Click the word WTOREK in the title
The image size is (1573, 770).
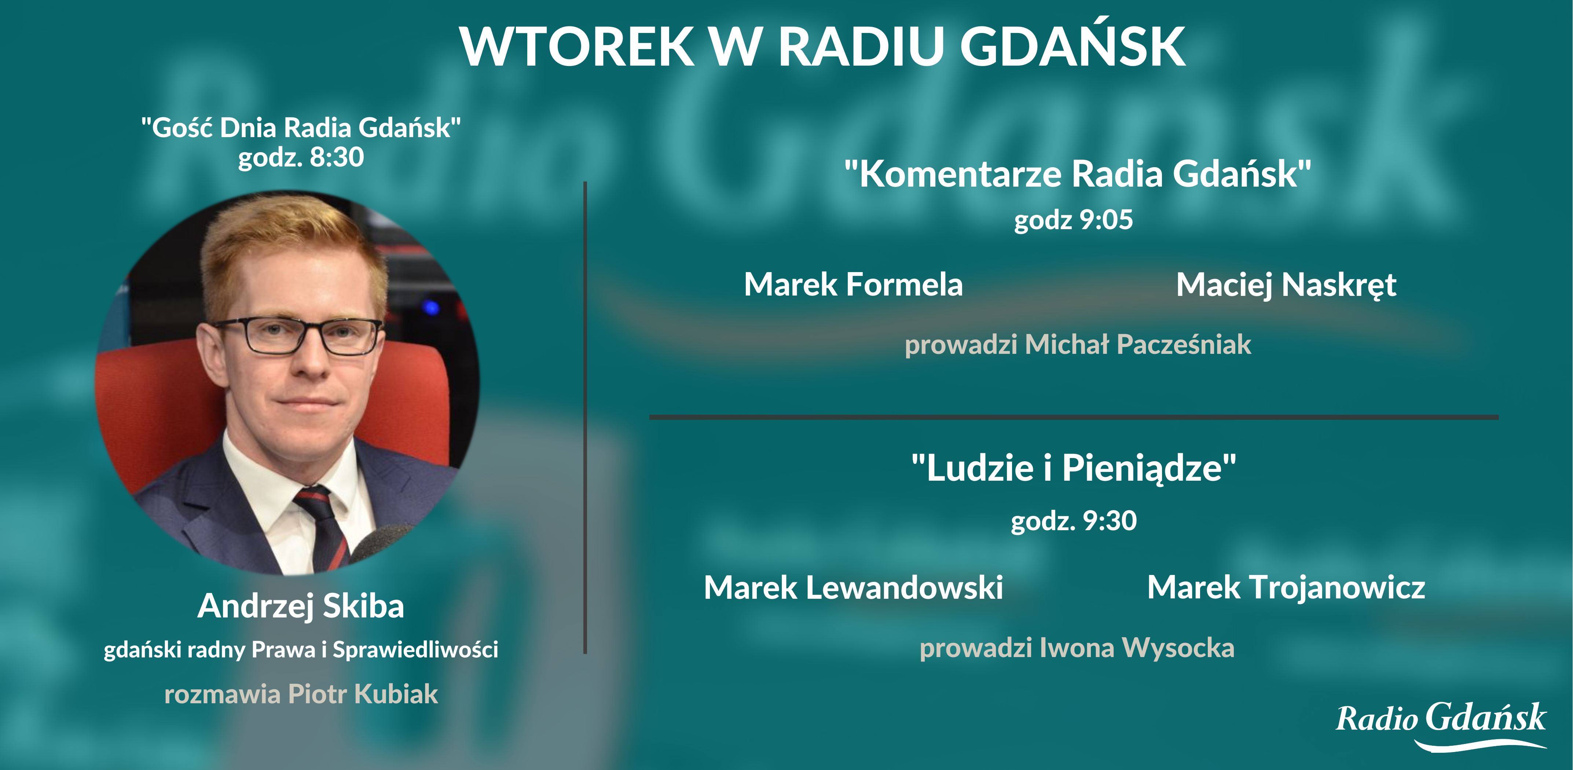577,47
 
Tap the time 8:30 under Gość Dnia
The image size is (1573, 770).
337,157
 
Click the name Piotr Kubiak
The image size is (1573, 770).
363,694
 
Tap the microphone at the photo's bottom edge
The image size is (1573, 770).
382,543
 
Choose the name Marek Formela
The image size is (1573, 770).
853,285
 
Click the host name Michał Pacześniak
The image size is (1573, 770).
1138,344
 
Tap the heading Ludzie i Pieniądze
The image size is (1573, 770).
1074,468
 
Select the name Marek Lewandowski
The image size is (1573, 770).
853,587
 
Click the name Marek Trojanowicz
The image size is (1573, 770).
1286,587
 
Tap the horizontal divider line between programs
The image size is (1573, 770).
1074,417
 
